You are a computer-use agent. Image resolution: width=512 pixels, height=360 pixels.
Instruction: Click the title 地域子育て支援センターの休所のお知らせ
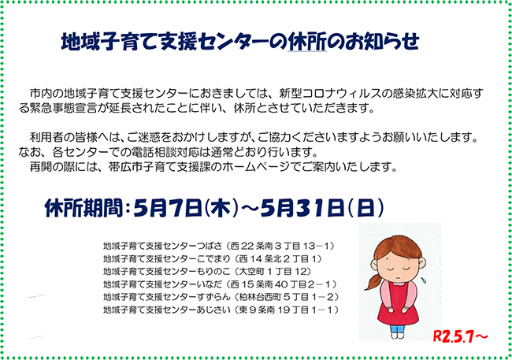pyautogui.click(x=240, y=42)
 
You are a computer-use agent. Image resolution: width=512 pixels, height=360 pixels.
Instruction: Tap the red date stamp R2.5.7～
pyautogui.click(x=460, y=336)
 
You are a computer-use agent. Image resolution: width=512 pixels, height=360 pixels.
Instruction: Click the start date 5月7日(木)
pyautogui.click(x=186, y=207)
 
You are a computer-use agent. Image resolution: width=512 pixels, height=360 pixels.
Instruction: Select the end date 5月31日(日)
pyautogui.click(x=321, y=207)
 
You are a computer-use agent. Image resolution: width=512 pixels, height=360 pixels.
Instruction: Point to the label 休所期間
pyautogui.click(x=83, y=208)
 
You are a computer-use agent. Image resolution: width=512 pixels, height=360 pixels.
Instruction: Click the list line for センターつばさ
pyautogui.click(x=218, y=246)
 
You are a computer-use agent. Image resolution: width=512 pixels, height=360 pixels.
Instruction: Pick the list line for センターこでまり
pyautogui.click(x=212, y=259)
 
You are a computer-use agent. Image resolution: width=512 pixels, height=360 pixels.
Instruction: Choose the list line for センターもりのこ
pyautogui.click(x=207, y=272)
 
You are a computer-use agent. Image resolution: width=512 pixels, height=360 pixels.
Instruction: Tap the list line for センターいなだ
pyautogui.click(x=220, y=284)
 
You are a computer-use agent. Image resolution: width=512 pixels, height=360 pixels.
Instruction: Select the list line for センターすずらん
pyautogui.click(x=221, y=297)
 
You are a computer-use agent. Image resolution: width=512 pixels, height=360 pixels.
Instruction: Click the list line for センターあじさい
pyautogui.click(x=221, y=310)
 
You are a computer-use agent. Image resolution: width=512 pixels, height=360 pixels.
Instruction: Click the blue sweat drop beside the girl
pyautogui.click(x=424, y=280)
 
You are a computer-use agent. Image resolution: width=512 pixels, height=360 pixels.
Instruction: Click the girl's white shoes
pyautogui.click(x=397, y=335)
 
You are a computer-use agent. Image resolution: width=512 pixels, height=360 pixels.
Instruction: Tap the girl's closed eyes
pyautogui.click(x=399, y=268)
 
